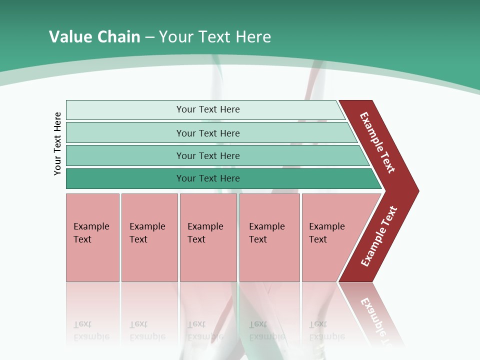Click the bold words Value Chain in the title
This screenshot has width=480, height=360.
(x=94, y=37)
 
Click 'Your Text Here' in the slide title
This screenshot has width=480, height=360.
(x=215, y=37)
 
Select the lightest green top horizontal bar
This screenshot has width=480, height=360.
(x=125, y=110)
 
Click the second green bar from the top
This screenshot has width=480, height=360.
(x=125, y=133)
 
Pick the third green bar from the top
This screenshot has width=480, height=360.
(x=125, y=155)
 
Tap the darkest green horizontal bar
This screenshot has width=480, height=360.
(x=125, y=178)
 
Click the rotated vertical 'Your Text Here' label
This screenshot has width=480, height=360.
(x=57, y=143)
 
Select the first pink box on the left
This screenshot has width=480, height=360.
(x=92, y=260)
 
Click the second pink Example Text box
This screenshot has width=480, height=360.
(x=149, y=260)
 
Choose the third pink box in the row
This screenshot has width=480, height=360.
(x=208, y=260)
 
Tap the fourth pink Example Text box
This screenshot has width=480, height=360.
(x=269, y=260)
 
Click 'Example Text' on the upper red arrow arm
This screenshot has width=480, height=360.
(x=377, y=142)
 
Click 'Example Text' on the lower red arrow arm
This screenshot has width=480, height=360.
(x=379, y=236)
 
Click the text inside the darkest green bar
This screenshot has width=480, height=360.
(x=208, y=178)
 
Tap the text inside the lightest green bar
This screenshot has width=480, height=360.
(x=208, y=109)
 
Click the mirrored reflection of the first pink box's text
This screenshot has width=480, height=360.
(x=91, y=330)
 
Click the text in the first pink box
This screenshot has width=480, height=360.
(x=91, y=232)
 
